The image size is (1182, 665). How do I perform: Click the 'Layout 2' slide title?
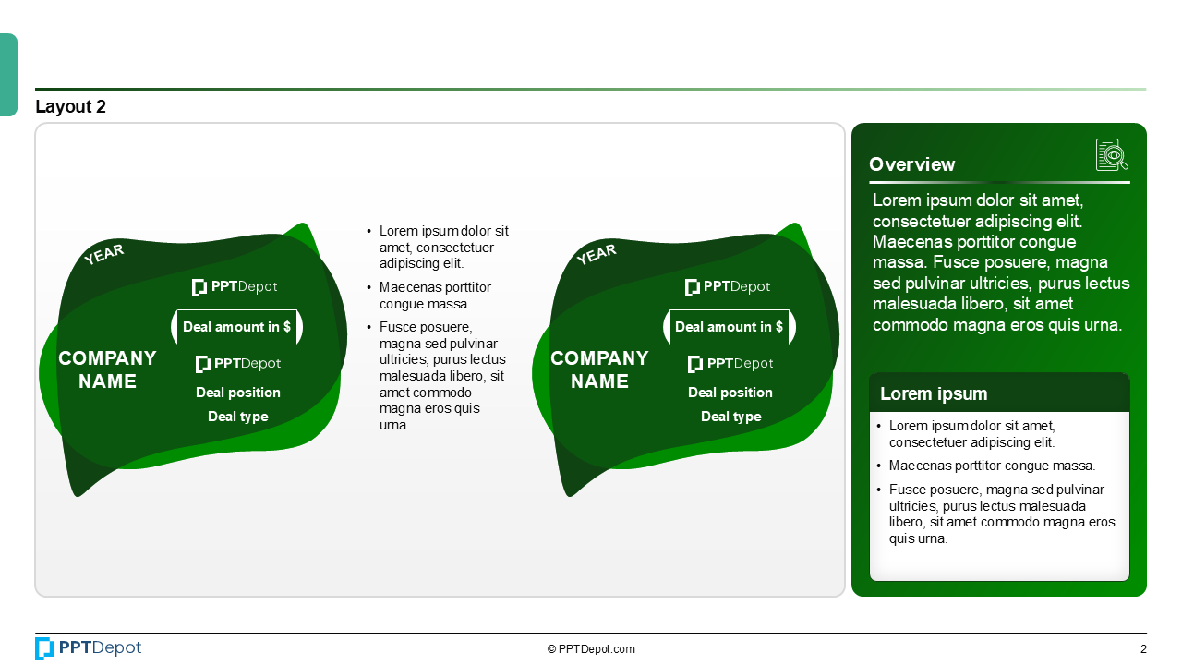(x=70, y=107)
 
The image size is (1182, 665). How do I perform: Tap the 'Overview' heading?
(x=911, y=164)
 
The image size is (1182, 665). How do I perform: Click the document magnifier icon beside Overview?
(x=1112, y=155)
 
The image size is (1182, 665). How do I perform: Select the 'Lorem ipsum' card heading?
(x=934, y=393)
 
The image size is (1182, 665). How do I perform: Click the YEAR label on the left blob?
(x=103, y=254)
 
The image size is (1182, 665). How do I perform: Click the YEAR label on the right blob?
(x=596, y=254)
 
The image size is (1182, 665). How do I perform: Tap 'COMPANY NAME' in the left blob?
(x=107, y=369)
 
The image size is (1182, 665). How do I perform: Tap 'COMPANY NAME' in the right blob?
(x=599, y=369)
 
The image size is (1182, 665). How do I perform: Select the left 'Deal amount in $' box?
(x=236, y=327)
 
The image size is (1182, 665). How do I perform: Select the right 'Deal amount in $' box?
(x=729, y=327)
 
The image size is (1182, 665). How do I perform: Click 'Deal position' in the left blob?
(x=238, y=393)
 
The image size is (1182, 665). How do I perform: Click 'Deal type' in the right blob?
(x=730, y=417)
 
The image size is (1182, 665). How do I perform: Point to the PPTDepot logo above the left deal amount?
(x=235, y=287)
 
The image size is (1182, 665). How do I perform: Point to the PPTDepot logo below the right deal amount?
(x=730, y=364)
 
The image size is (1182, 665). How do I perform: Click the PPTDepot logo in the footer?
(x=89, y=648)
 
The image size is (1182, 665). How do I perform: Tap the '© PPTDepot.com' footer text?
(x=591, y=649)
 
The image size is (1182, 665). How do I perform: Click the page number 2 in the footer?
(x=1143, y=649)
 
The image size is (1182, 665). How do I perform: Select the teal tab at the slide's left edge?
(x=8, y=75)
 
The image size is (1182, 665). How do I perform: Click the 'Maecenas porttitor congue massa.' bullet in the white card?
(x=992, y=465)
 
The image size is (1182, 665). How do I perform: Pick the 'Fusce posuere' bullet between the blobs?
(x=441, y=376)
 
